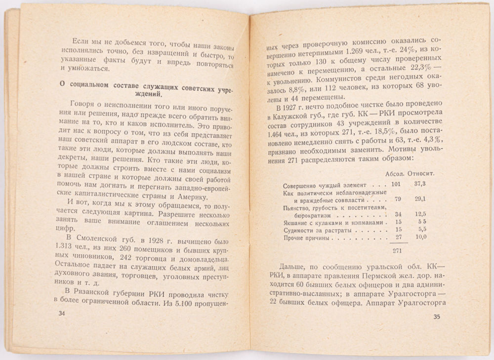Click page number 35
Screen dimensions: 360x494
point(436,317)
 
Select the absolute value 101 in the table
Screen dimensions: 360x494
point(396,184)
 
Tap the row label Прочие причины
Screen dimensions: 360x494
point(306,239)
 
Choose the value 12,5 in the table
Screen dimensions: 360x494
point(420,215)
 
